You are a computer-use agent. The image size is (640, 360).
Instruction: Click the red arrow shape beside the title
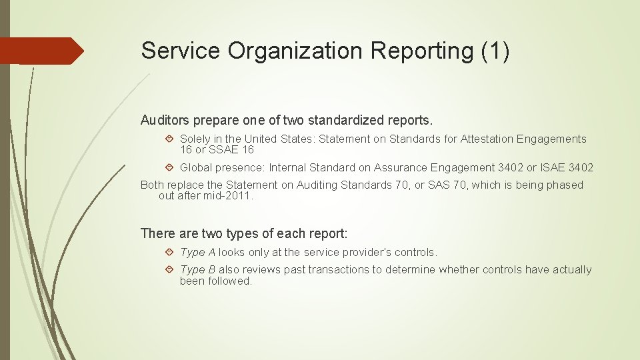click(x=42, y=51)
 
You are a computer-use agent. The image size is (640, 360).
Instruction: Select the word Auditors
click(x=164, y=121)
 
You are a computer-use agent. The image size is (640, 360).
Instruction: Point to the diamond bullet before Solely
click(x=169, y=139)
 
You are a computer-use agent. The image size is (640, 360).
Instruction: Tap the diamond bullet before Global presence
click(x=169, y=167)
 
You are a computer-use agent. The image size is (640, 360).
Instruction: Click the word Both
click(x=152, y=185)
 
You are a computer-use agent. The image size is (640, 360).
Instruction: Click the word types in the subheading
click(x=225, y=234)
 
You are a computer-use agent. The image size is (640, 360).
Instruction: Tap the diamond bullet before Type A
click(x=169, y=253)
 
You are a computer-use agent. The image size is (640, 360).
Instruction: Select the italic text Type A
click(x=197, y=253)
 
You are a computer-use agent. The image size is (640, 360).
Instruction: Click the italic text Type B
click(x=197, y=270)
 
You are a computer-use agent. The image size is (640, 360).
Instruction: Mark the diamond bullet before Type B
click(x=169, y=270)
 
